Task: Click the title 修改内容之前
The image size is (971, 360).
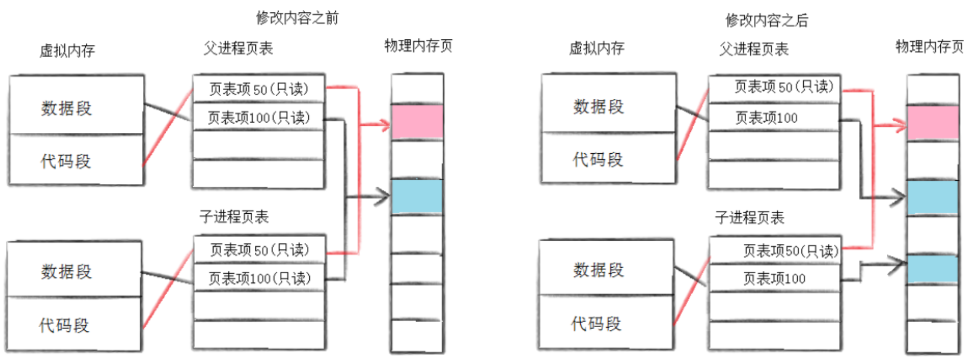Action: pos(297,18)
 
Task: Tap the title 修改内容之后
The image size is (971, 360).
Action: pos(766,21)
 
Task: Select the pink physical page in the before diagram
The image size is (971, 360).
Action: pos(417,122)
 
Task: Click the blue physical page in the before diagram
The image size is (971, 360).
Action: pos(417,196)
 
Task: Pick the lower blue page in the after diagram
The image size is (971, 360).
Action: pos(933,269)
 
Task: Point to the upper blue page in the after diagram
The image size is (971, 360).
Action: pos(933,198)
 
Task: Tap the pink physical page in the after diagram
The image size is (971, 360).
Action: pos(933,123)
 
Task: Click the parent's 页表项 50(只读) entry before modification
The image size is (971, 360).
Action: pos(259,89)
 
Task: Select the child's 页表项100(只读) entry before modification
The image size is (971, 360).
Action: pos(260,278)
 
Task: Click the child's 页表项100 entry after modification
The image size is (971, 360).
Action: pos(774,279)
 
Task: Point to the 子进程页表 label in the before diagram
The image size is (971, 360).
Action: pos(234,217)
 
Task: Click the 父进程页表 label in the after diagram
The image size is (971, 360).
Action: pos(753,49)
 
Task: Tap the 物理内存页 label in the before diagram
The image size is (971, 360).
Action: pos(418,46)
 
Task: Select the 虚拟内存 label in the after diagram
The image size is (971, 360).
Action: pos(596,49)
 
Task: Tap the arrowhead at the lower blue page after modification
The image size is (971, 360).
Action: pos(898,264)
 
